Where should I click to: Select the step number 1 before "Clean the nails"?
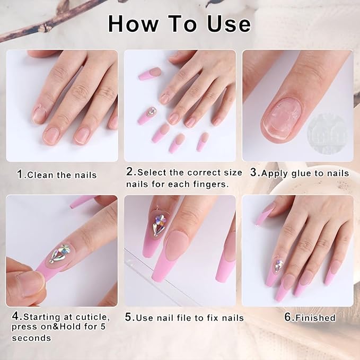tap(21, 174)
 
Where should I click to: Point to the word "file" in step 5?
tap(196, 318)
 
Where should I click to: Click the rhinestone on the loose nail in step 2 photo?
tap(151, 113)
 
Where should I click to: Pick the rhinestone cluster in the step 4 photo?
tap(59, 253)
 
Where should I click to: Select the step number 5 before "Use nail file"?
tap(128, 317)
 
